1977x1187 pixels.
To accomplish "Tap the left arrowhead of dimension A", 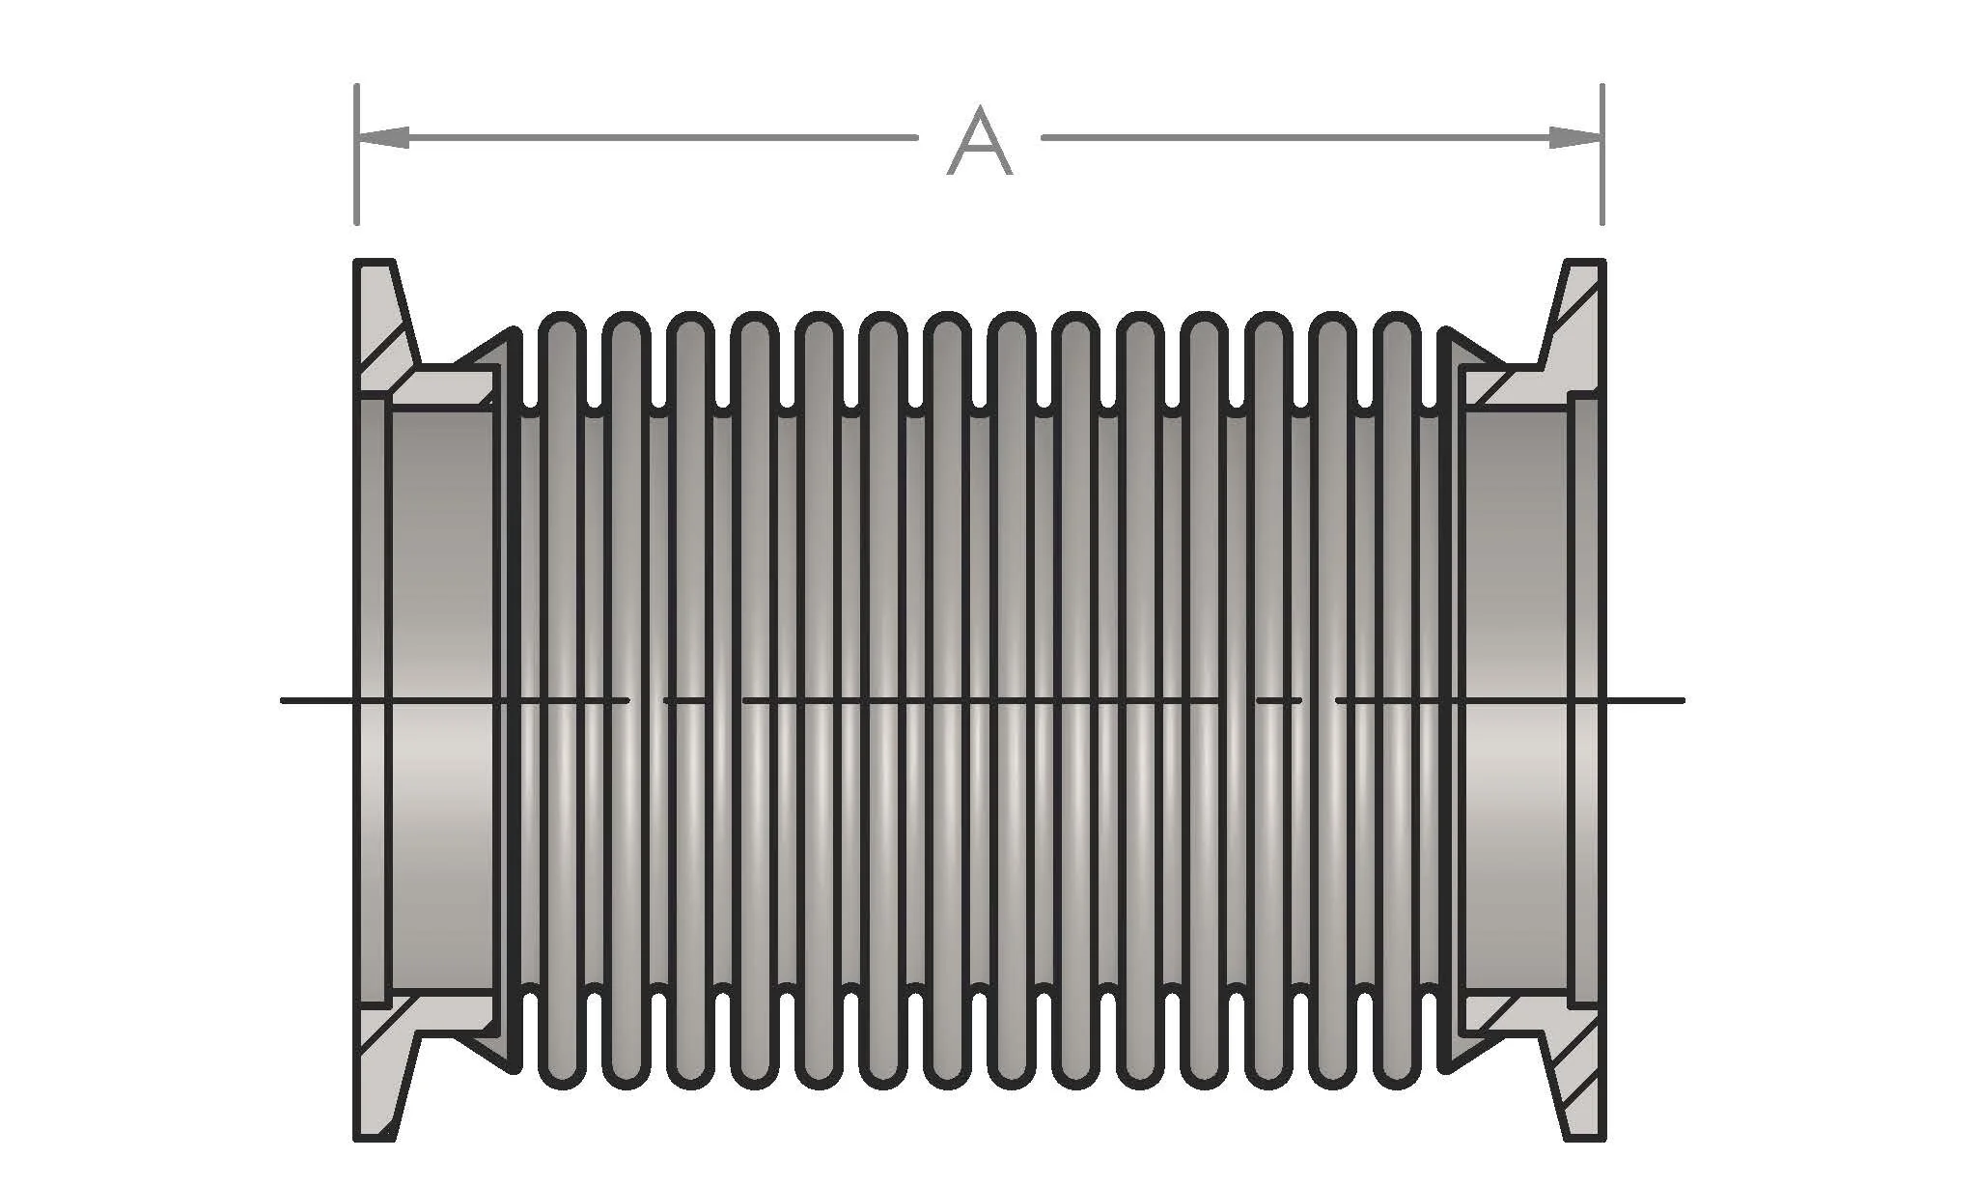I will pyautogui.click(x=382, y=138).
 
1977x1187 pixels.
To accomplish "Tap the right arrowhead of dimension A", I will pyautogui.click(x=1575, y=138).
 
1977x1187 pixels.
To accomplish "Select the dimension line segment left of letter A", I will pyautogui.click(x=656, y=138).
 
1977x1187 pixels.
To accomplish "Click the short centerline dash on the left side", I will pyautogui.click(x=686, y=700).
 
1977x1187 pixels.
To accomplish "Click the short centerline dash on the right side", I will pyautogui.click(x=1279, y=700).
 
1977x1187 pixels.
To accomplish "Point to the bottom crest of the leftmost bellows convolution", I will pyautogui.click(x=561, y=1082).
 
